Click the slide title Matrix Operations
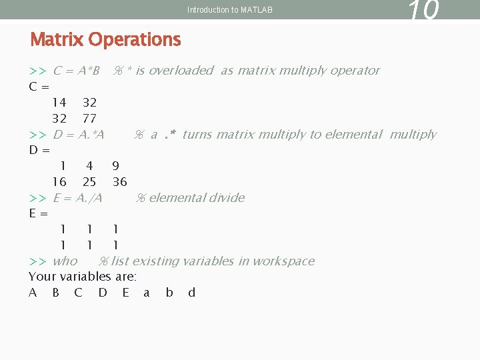(x=105, y=40)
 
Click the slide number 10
(x=423, y=11)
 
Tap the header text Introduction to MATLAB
(x=230, y=10)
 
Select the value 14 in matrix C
(x=59, y=103)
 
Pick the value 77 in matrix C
(x=89, y=119)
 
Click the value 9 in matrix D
(x=116, y=166)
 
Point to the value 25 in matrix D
(x=89, y=182)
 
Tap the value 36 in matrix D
(x=120, y=182)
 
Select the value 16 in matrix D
(x=59, y=182)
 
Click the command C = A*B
(x=76, y=71)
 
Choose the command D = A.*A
(x=79, y=135)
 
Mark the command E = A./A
(x=77, y=198)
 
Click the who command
(x=65, y=261)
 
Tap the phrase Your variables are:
(x=83, y=277)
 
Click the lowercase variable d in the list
(x=192, y=293)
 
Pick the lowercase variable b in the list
(x=169, y=293)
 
